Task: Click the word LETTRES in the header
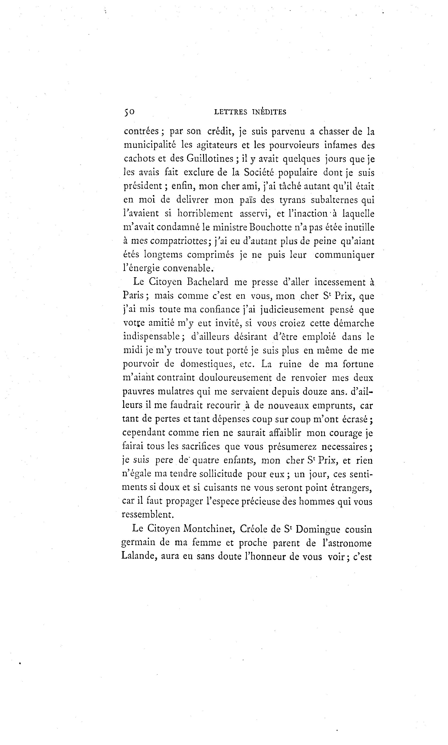(x=230, y=112)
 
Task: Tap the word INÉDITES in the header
(x=269, y=112)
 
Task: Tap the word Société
(x=259, y=172)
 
